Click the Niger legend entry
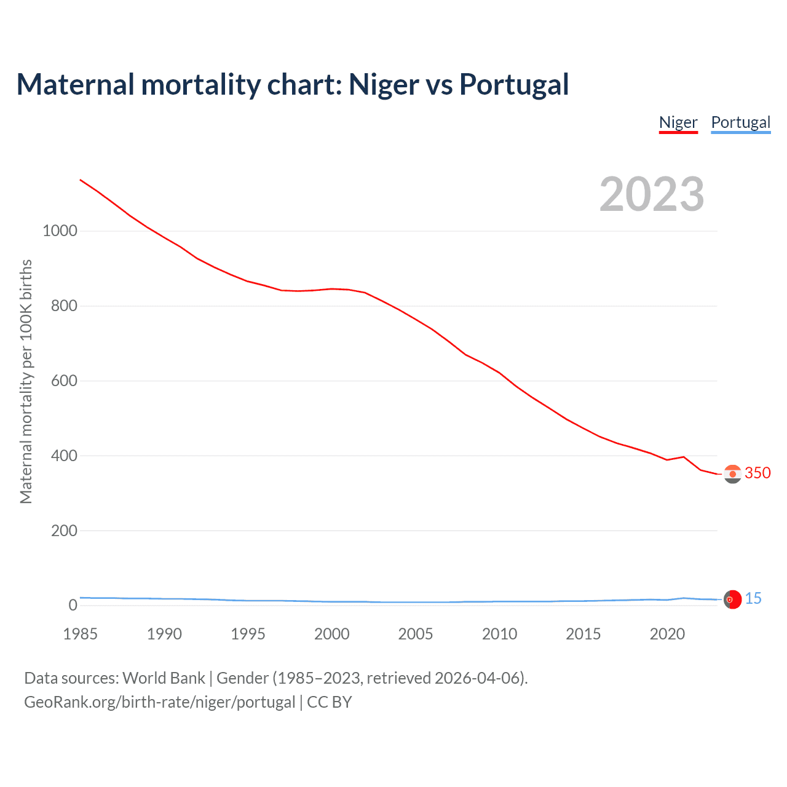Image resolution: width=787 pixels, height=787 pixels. pyautogui.click(x=678, y=122)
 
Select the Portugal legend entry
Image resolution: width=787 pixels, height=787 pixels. pyautogui.click(x=740, y=122)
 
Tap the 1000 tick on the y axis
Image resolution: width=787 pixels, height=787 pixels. pyautogui.click(x=60, y=231)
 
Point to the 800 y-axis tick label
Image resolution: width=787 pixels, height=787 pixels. pyautogui.click(x=64, y=306)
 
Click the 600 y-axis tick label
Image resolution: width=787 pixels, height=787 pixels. pyautogui.click(x=64, y=381)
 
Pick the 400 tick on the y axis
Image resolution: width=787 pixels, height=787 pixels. pyautogui.click(x=64, y=456)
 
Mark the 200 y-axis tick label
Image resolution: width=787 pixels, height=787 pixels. pyautogui.click(x=64, y=531)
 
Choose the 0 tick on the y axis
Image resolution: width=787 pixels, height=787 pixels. pyautogui.click(x=73, y=606)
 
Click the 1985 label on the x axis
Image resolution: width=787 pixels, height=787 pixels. pyautogui.click(x=80, y=634)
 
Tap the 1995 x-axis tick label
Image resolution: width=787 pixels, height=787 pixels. pyautogui.click(x=248, y=634)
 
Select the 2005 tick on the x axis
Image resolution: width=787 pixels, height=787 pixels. pyautogui.click(x=416, y=634)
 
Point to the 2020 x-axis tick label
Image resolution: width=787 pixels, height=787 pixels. pyautogui.click(x=667, y=634)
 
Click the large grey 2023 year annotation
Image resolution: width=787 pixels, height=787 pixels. pyautogui.click(x=652, y=194)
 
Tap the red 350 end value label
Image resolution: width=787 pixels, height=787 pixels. pyautogui.click(x=757, y=473)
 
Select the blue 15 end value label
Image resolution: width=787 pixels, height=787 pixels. pyautogui.click(x=753, y=598)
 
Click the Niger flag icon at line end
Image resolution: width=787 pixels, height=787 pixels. pyautogui.click(x=732, y=474)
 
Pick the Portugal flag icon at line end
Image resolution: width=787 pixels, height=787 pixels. pyautogui.click(x=732, y=599)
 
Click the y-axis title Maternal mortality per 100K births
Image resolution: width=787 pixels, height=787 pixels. pyautogui.click(x=26, y=381)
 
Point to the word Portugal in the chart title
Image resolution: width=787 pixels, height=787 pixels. pyautogui.click(x=514, y=84)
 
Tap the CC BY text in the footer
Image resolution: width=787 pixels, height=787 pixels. pyautogui.click(x=329, y=702)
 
